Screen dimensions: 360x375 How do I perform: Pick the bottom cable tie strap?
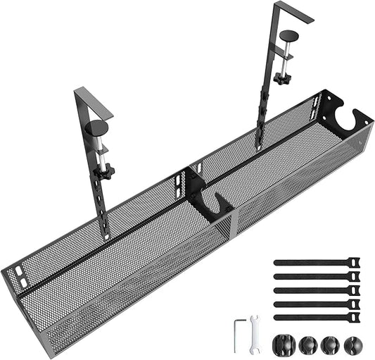click(313, 316)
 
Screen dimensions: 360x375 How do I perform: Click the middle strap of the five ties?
click(313, 290)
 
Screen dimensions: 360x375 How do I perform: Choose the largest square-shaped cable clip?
click(282, 345)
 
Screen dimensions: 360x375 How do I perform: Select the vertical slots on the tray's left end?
click(22, 279)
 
